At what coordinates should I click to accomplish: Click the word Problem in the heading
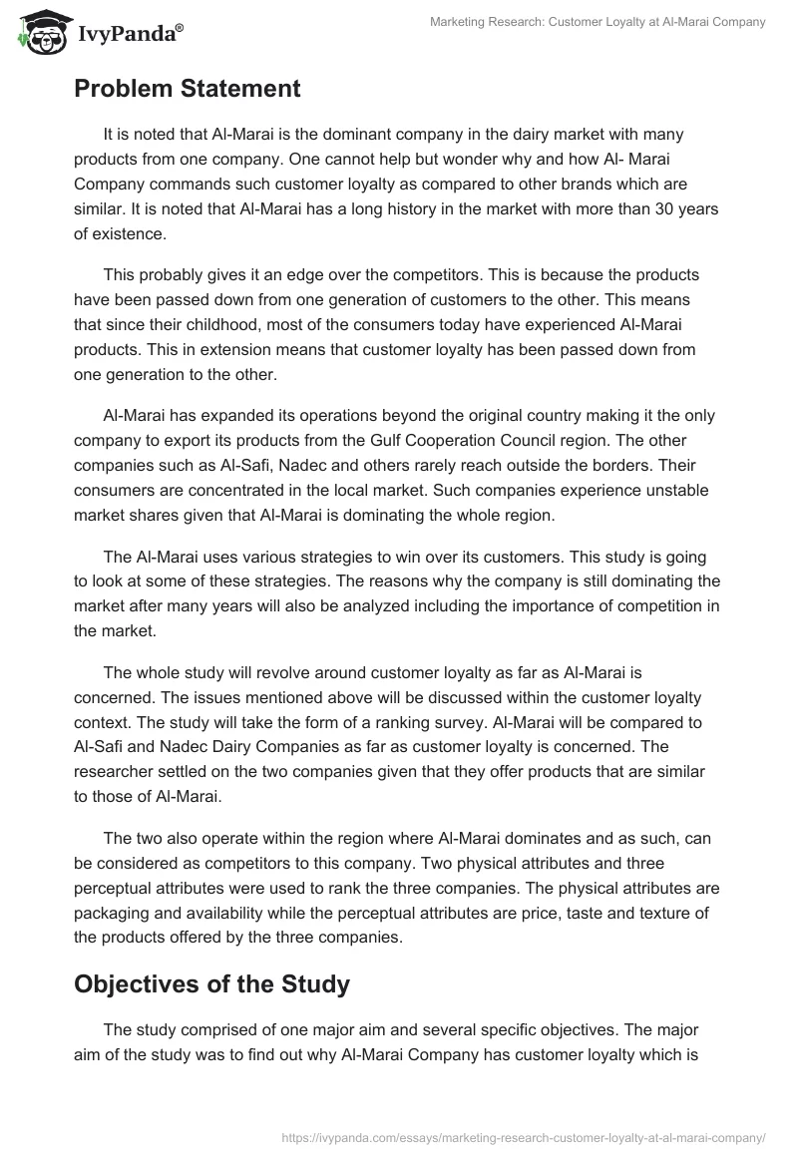(x=124, y=89)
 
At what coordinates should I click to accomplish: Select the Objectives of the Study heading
(x=211, y=984)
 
